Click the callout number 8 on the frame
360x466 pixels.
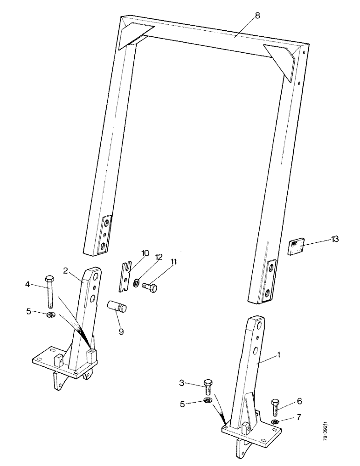coord(258,16)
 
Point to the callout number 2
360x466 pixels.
coord(66,270)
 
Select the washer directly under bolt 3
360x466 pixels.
coord(209,401)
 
